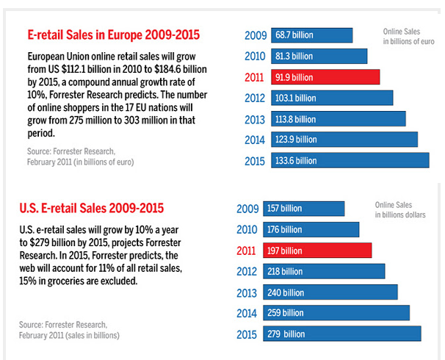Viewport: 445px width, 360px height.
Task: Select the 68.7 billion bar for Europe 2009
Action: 311,35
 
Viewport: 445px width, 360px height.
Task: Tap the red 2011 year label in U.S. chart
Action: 247,251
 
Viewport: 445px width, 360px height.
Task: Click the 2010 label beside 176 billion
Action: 247,230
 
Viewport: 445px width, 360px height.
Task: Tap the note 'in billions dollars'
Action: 401,215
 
